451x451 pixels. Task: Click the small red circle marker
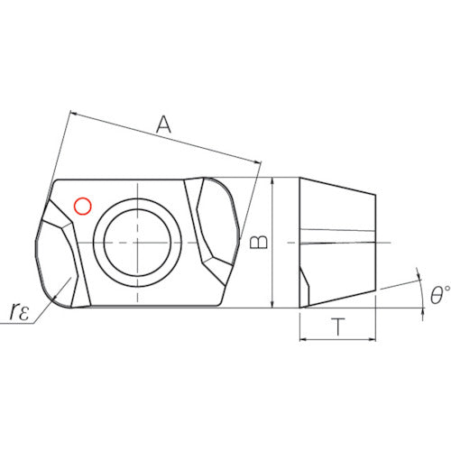(83, 207)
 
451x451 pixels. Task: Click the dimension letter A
(163, 125)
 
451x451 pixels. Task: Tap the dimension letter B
(259, 242)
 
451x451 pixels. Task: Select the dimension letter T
(338, 327)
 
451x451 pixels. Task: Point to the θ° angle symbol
(439, 295)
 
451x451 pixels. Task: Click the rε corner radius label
(20, 311)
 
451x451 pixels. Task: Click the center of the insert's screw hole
(137, 243)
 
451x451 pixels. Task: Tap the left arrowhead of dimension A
(73, 114)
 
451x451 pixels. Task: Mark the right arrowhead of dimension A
(258, 162)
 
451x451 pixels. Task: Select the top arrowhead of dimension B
(272, 180)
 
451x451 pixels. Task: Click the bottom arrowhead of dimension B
(272, 304)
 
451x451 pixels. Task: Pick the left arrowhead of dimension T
(304, 339)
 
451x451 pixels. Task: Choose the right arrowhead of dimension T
(373, 339)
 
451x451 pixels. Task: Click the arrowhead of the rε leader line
(55, 298)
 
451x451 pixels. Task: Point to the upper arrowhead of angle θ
(419, 275)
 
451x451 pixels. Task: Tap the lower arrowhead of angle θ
(423, 313)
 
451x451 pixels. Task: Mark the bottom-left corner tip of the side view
(300, 308)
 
